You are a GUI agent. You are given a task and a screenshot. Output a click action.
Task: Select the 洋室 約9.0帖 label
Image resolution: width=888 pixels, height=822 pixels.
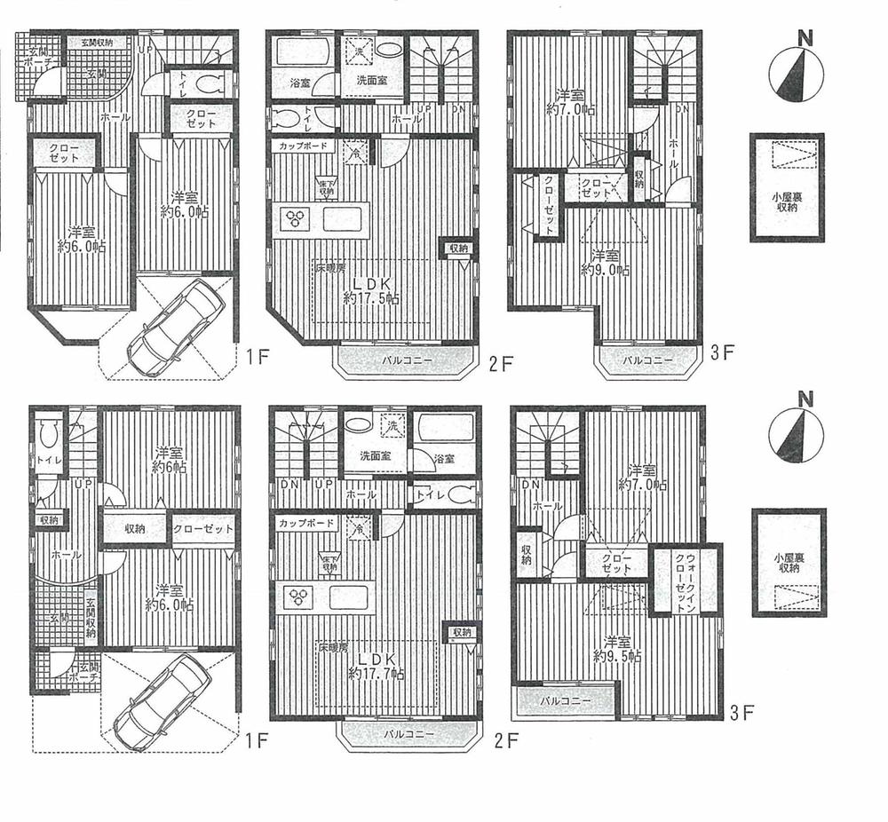(607, 262)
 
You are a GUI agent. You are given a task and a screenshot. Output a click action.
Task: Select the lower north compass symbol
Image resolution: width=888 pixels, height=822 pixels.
(793, 435)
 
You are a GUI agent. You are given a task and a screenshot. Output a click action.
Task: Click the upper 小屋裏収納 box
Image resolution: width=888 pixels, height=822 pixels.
(786, 187)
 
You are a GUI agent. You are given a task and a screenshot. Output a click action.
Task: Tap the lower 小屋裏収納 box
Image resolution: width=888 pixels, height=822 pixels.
(789, 563)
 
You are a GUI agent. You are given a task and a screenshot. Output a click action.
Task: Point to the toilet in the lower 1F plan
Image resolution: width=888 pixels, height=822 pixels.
(50, 436)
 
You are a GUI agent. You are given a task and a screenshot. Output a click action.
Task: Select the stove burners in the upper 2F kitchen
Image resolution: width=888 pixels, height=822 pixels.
(294, 217)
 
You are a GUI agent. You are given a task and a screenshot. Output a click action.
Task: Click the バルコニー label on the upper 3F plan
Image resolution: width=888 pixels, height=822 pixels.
(646, 360)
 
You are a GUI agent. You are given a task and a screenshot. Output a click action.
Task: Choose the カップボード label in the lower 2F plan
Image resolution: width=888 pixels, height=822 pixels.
(306, 523)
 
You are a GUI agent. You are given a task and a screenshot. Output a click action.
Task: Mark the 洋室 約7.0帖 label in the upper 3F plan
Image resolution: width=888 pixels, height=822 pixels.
(570, 103)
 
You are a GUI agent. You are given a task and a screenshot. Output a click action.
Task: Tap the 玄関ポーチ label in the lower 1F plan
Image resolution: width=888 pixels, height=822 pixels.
(85, 673)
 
